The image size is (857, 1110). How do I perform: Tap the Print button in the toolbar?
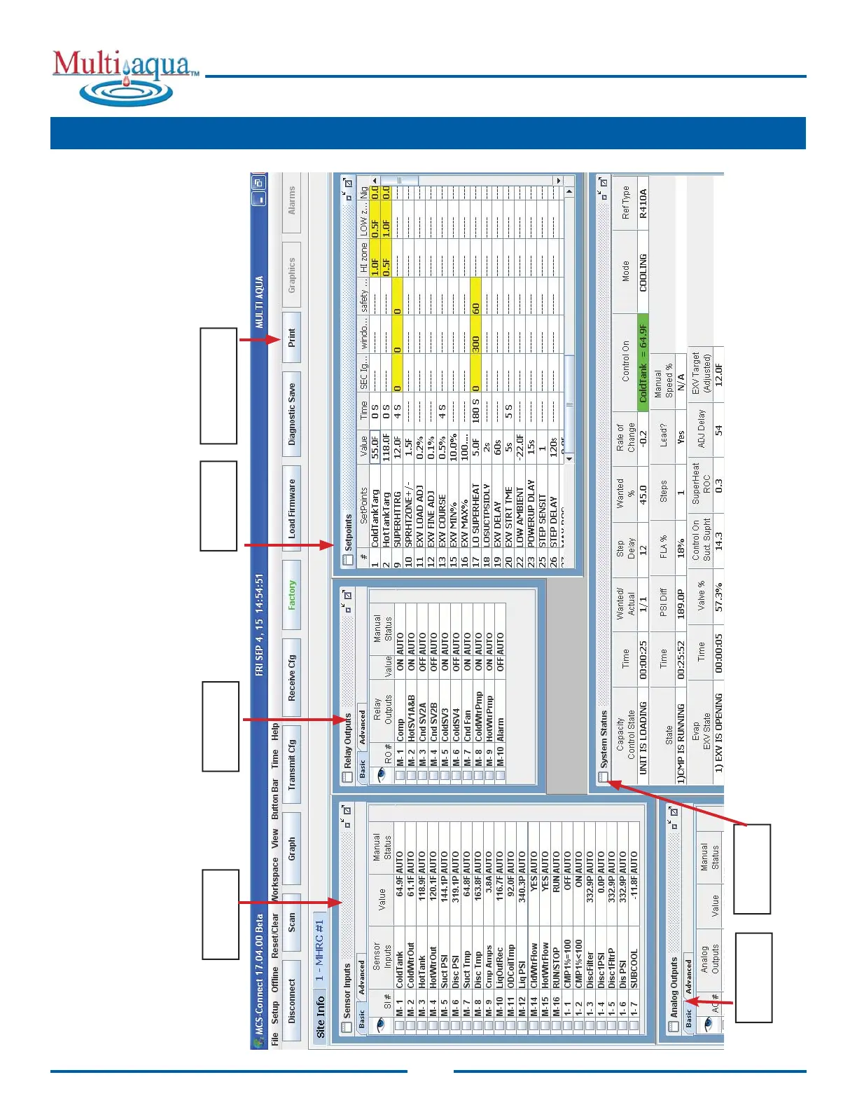292,338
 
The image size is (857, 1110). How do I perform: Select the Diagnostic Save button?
292,414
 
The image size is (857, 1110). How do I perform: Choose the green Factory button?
292,594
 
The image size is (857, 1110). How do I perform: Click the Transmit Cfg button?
292,765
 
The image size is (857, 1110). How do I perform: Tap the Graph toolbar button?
292,848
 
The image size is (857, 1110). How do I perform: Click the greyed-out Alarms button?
292,200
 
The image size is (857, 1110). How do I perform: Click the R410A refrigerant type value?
643,204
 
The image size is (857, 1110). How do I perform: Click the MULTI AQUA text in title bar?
259,302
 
